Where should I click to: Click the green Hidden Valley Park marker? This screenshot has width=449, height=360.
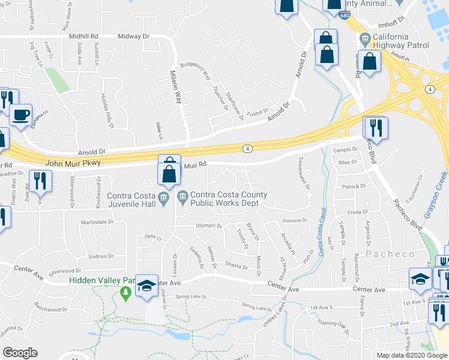click(125, 293)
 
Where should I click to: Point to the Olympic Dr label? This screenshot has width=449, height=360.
click(208, 226)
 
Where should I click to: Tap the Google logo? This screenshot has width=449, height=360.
click(20, 353)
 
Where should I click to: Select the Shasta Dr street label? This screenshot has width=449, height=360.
click(236, 266)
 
